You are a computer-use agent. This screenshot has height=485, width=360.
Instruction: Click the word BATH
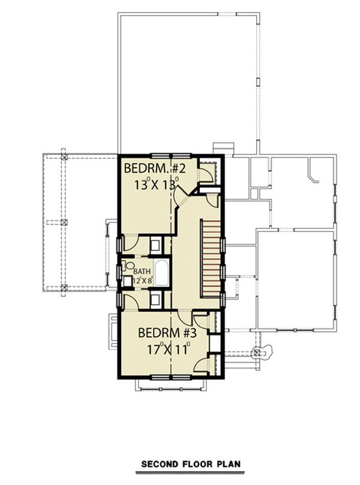(142, 271)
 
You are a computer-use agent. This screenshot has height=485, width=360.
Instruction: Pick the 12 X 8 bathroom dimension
(143, 280)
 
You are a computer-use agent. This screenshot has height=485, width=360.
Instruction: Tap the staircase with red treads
(211, 258)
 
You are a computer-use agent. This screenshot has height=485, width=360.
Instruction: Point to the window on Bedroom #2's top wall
(163, 155)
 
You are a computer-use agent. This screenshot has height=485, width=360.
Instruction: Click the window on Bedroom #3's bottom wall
(163, 377)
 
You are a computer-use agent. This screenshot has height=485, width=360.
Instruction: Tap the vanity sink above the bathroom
(155, 244)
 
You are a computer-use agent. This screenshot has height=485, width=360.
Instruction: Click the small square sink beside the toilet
(128, 279)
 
